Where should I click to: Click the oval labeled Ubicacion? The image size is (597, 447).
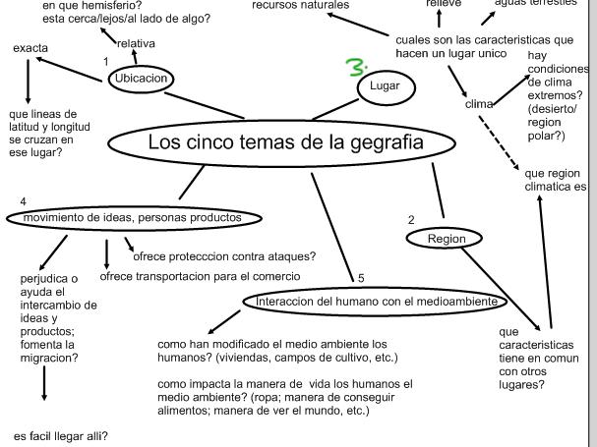(x=142, y=79)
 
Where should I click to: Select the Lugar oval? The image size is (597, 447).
(x=386, y=87)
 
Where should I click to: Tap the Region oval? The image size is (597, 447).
(x=444, y=239)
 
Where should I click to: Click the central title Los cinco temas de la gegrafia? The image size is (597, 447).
(x=285, y=142)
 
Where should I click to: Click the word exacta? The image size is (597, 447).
(x=31, y=48)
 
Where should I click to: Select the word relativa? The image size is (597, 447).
(x=135, y=43)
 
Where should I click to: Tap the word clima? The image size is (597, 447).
(x=478, y=104)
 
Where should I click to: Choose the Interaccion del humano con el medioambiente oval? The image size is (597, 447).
(x=375, y=302)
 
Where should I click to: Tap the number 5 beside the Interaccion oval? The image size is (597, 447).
(x=361, y=279)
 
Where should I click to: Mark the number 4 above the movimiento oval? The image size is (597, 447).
(x=23, y=201)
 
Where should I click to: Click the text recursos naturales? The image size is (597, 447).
(x=300, y=5)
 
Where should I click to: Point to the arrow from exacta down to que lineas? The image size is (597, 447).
(x=28, y=80)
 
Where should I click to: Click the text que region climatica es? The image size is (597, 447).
(x=556, y=179)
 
